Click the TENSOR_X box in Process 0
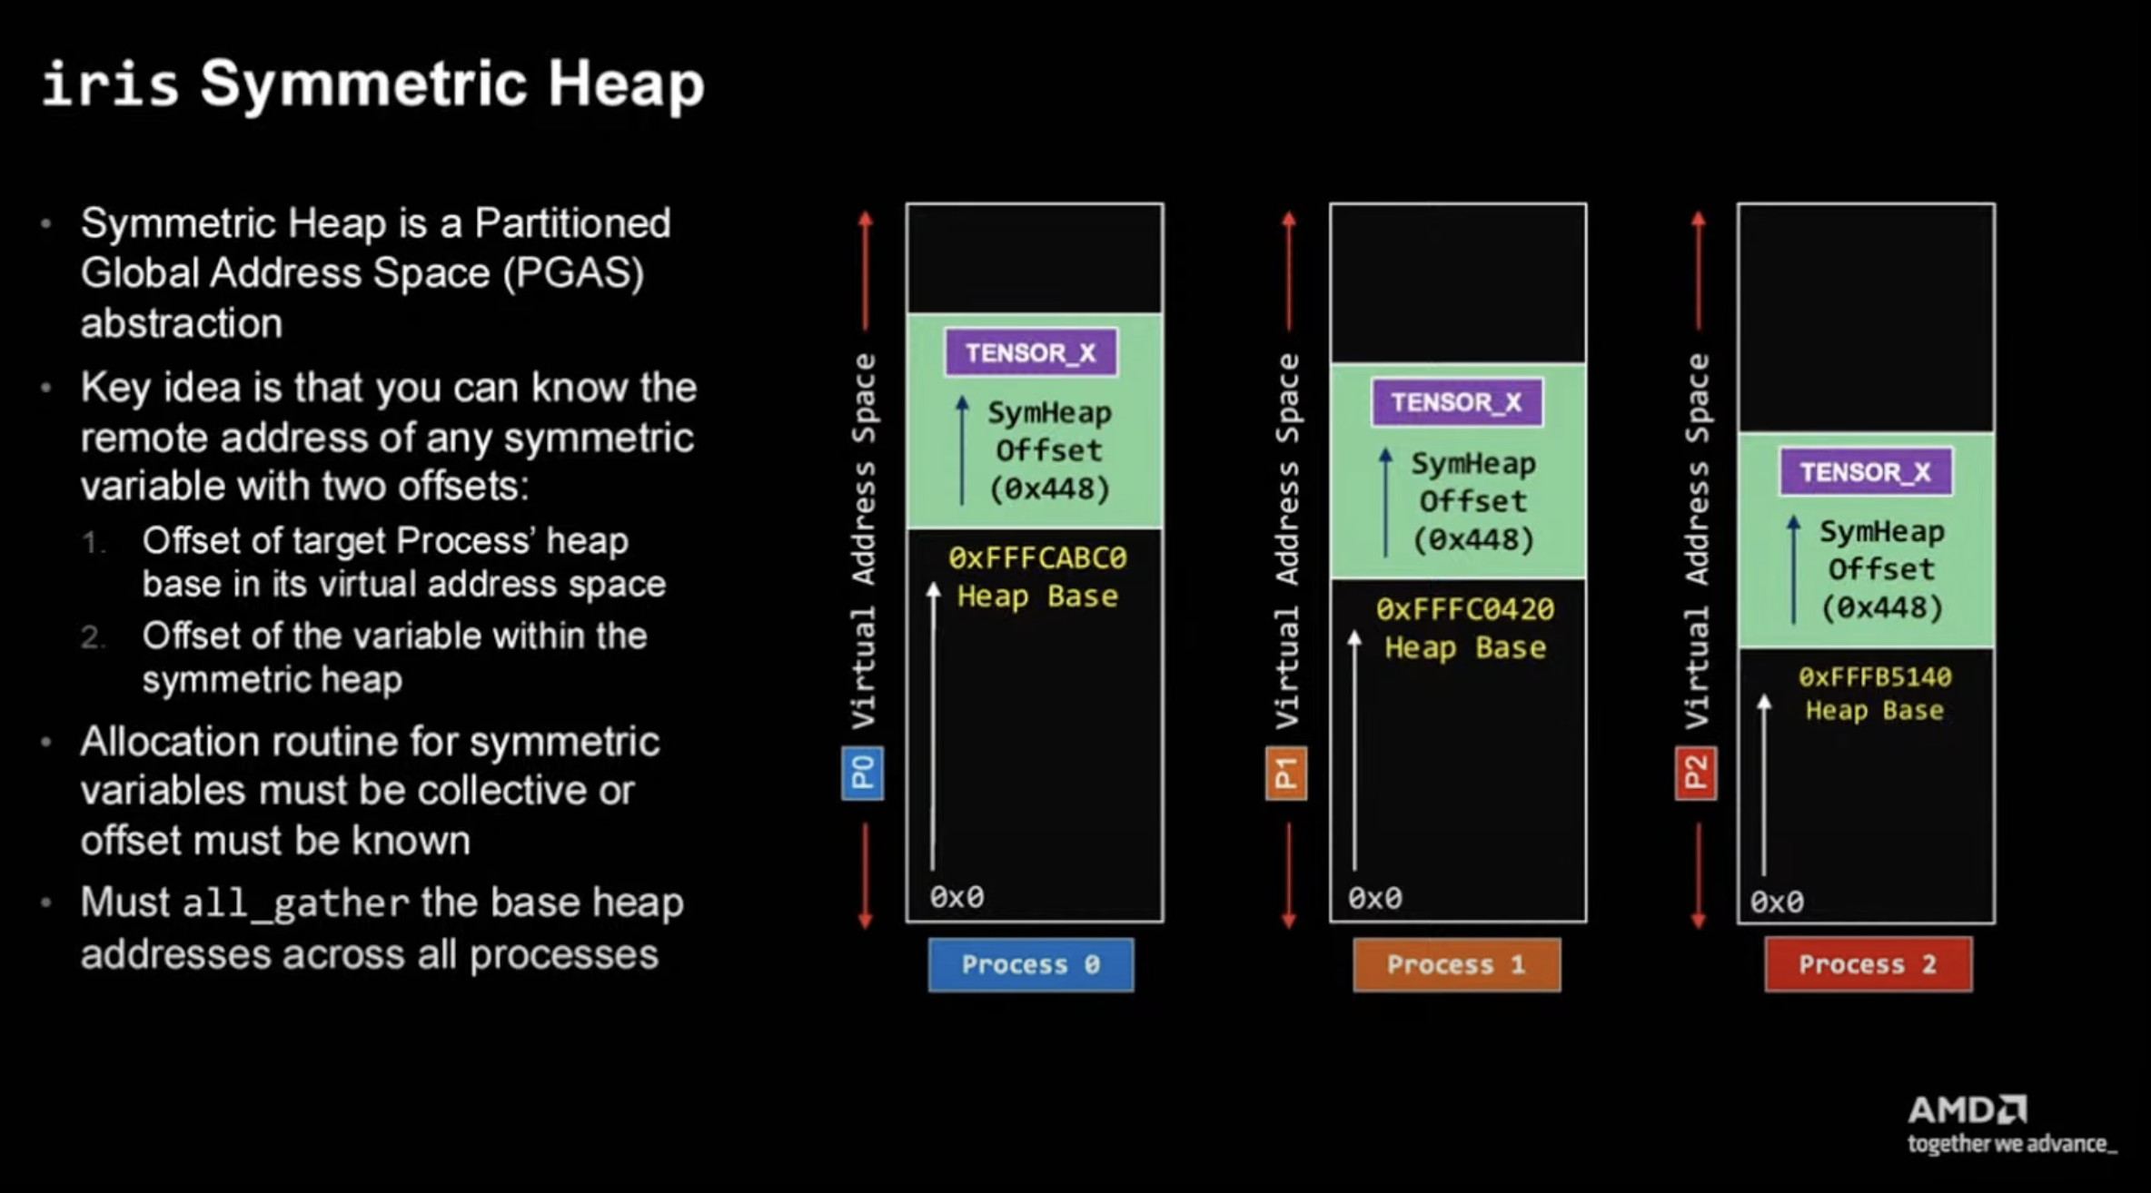(x=1031, y=352)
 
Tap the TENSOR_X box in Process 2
(x=1865, y=472)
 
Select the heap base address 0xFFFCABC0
(x=1037, y=557)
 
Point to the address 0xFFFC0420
(x=1464, y=609)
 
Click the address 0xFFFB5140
(x=1874, y=677)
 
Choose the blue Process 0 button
(x=1030, y=964)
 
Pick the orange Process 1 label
(x=1456, y=964)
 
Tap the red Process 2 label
(x=1868, y=964)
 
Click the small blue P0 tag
(x=862, y=773)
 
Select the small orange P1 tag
(x=1285, y=773)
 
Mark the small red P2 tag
(x=1695, y=773)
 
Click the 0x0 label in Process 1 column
(x=1374, y=899)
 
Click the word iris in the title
(x=110, y=84)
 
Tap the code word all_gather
(x=296, y=904)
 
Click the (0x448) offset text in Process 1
(x=1472, y=540)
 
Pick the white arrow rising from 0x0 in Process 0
(x=933, y=726)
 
